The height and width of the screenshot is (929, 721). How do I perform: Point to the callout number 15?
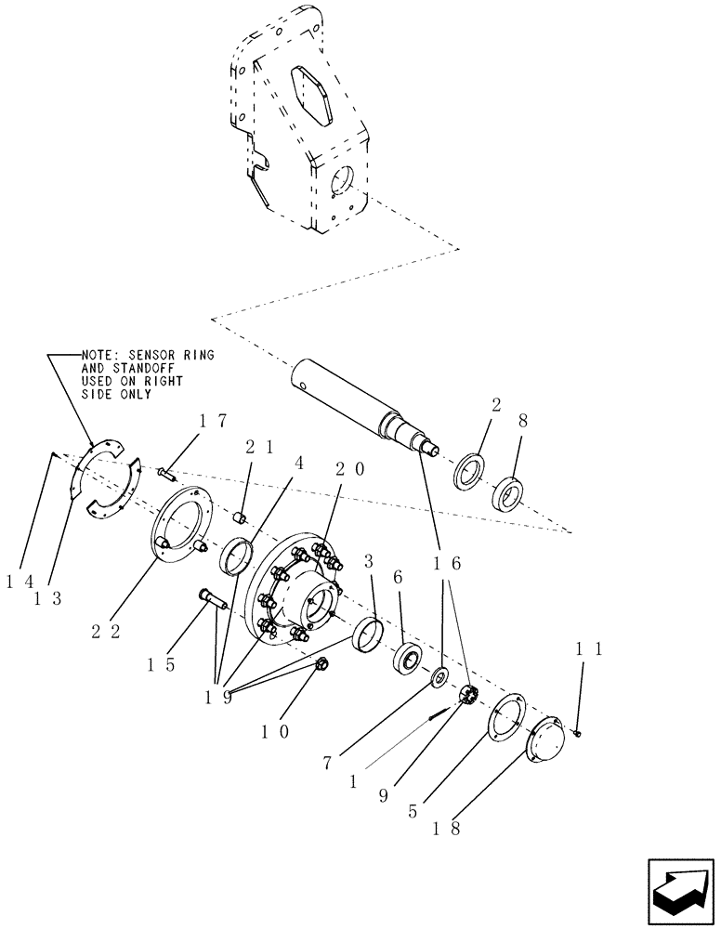click(162, 666)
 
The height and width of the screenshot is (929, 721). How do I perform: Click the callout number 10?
click(276, 731)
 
